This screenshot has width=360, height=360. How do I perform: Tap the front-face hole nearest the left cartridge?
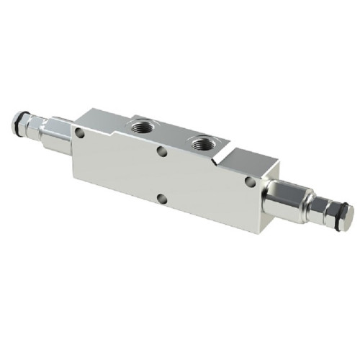pyautogui.click(x=79, y=133)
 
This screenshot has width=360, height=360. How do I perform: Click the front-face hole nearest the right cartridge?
pyautogui.click(x=249, y=183)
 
